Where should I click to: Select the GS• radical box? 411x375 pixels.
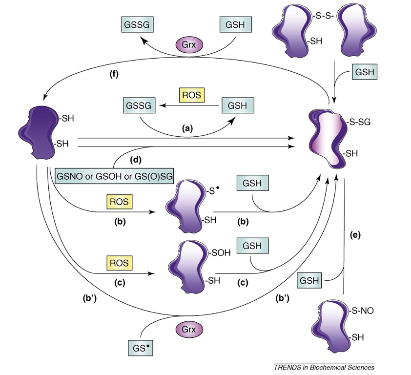pos(140,349)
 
